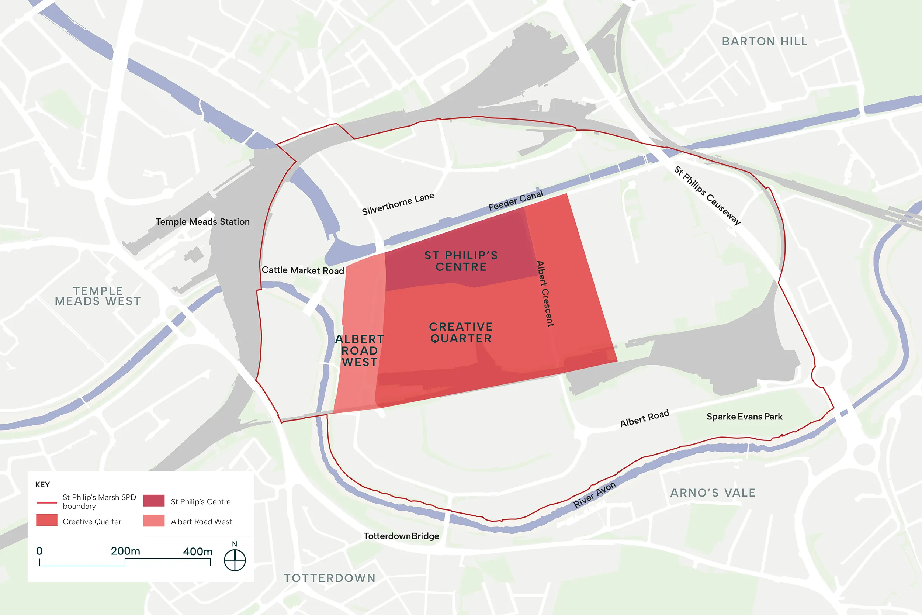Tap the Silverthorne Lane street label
pyautogui.click(x=398, y=204)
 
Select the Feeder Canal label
pyautogui.click(x=516, y=200)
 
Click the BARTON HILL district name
pyautogui.click(x=765, y=41)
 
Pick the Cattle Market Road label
pyautogui.click(x=303, y=270)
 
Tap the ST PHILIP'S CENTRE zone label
pyautogui.click(x=461, y=261)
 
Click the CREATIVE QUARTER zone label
pyautogui.click(x=461, y=333)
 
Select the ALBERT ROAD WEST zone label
pyautogui.click(x=360, y=350)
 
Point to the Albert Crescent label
pyautogui.click(x=545, y=294)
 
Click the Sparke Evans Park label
pyautogui.click(x=744, y=417)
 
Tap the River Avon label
pyautogui.click(x=594, y=495)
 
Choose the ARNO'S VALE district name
pyautogui.click(x=713, y=493)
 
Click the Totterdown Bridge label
pyautogui.click(x=401, y=536)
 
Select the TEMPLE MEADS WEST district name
pyautogui.click(x=98, y=296)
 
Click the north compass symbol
pyautogui.click(x=235, y=560)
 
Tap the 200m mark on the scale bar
pyautogui.click(x=125, y=552)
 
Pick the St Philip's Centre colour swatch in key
pyautogui.click(x=154, y=501)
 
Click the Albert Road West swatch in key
pyautogui.click(x=154, y=521)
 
